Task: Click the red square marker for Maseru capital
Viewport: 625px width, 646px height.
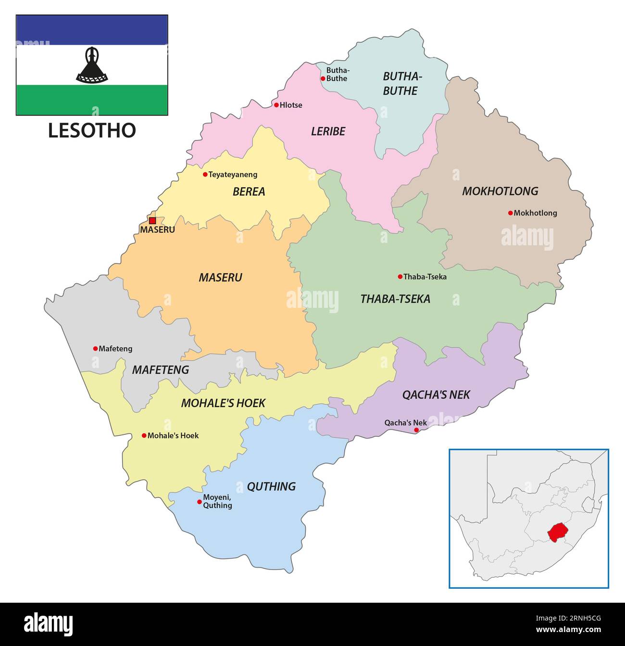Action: click(x=152, y=221)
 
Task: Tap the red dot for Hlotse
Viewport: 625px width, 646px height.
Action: click(x=276, y=105)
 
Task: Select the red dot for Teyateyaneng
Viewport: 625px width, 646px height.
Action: click(x=205, y=175)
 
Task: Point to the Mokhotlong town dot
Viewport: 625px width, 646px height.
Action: click(x=511, y=213)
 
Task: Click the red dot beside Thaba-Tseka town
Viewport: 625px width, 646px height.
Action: click(x=400, y=277)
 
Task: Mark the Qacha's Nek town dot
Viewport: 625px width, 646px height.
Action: click(x=416, y=430)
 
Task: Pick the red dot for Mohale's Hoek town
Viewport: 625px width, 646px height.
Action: click(x=144, y=435)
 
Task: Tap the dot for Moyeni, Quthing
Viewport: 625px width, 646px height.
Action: click(x=200, y=502)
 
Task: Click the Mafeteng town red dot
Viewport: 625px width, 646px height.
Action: click(x=95, y=349)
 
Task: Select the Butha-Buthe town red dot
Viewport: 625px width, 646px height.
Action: click(x=323, y=78)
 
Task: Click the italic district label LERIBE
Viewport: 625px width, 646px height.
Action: click(x=328, y=131)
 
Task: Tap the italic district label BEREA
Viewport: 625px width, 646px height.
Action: click(x=249, y=191)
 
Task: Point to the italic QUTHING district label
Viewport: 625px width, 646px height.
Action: click(x=271, y=486)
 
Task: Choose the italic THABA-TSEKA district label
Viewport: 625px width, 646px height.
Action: click(x=395, y=299)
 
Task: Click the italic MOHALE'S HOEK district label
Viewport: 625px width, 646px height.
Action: click(x=223, y=403)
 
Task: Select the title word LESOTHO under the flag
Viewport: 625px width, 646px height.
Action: click(x=92, y=130)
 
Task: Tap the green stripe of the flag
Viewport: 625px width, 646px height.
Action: click(x=92, y=100)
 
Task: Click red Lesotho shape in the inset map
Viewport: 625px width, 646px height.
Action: click(x=557, y=532)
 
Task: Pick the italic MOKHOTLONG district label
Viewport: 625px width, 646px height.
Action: click(x=500, y=191)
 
